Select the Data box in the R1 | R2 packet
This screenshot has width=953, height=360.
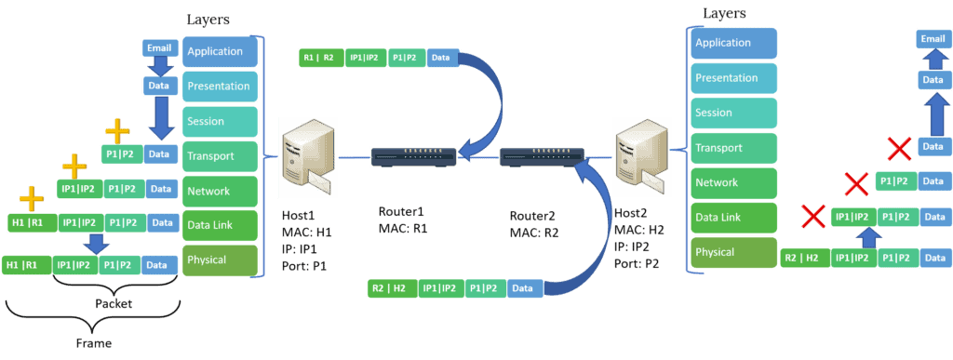[x=440, y=58]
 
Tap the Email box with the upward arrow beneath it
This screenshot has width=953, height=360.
[x=933, y=38]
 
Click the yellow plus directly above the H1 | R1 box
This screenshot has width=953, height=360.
[x=32, y=199]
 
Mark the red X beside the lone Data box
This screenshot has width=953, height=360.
[x=898, y=148]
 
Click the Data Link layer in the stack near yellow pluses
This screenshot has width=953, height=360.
[x=221, y=224]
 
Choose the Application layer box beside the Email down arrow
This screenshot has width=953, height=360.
[x=221, y=51]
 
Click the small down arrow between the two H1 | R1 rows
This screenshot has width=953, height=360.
[x=92, y=243]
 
